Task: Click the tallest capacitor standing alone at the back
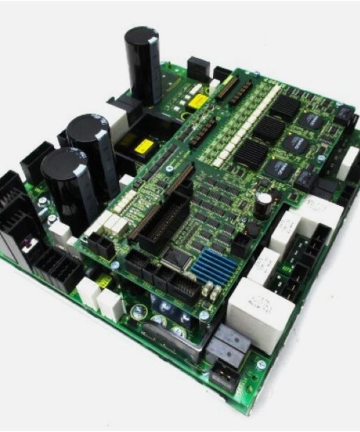tap(143, 63)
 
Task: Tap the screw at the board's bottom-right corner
tap(261, 364)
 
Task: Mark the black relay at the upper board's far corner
tap(344, 114)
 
